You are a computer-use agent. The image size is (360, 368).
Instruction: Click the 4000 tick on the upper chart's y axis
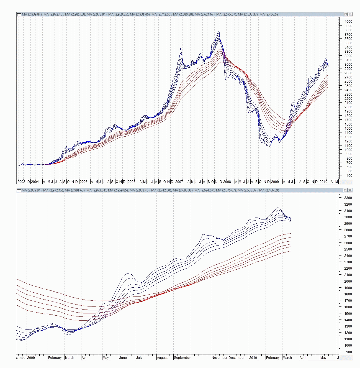[x=348, y=22]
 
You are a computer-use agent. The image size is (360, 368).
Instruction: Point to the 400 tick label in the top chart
[x=349, y=176]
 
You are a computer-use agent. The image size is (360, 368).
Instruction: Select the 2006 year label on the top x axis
[x=131, y=182]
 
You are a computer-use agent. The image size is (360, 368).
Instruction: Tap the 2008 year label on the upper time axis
[x=227, y=182]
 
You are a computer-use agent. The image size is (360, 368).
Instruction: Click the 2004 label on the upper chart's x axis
[x=35, y=182]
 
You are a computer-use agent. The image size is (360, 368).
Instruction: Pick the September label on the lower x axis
[x=182, y=358]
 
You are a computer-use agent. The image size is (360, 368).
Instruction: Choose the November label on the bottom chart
[x=219, y=358]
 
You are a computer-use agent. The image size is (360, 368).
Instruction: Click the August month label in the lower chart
[x=162, y=358]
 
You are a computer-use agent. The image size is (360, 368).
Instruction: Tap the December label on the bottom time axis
[x=236, y=358]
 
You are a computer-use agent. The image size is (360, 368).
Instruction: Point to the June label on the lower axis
[x=123, y=358]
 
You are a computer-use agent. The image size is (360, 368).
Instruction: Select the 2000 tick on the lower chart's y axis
[x=348, y=282]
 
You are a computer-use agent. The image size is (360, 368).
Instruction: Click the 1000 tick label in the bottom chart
[x=348, y=346]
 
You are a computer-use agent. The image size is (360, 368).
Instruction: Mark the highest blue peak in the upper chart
[x=219, y=31]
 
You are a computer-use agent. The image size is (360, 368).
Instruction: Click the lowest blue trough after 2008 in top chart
[x=269, y=146]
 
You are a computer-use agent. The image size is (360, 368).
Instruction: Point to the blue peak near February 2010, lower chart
[x=278, y=207]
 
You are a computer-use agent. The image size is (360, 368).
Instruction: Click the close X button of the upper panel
[x=350, y=14]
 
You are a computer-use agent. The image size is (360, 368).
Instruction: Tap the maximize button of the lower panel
[x=346, y=190]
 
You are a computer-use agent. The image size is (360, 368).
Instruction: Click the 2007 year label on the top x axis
[x=179, y=182]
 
